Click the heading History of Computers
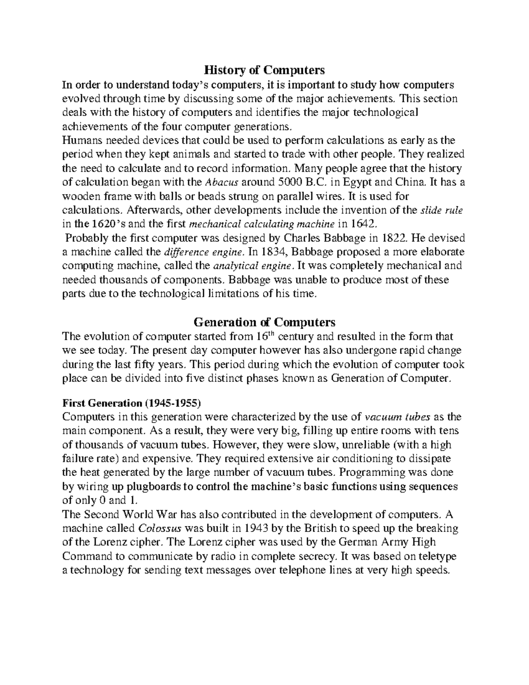[x=264, y=70]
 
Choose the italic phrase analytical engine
[x=252, y=266]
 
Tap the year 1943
[x=256, y=528]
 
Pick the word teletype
[x=435, y=556]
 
